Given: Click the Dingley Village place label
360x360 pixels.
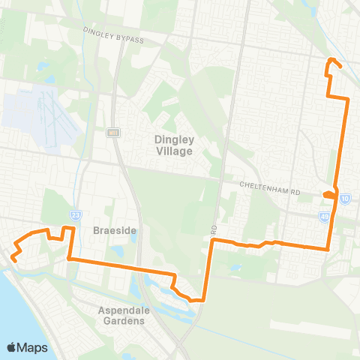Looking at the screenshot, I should pyautogui.click(x=173, y=145).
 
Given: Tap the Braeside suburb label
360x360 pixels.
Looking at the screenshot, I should pyautogui.click(x=114, y=231).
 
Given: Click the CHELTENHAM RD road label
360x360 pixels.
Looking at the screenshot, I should pyautogui.click(x=271, y=191).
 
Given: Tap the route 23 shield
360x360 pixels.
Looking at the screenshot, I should pyautogui.click(x=76, y=214).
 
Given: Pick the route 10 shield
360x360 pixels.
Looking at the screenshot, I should pyautogui.click(x=344, y=199).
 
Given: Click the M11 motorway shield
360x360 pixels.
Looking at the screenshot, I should pyautogui.click(x=113, y=133).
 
